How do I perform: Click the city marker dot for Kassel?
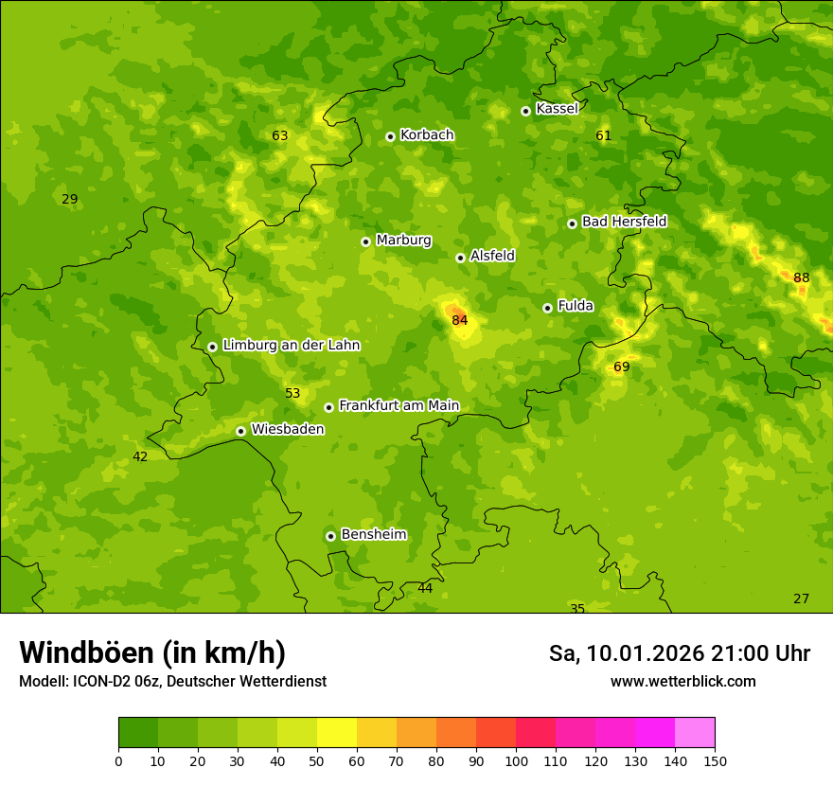point(525,111)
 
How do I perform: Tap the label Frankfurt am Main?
point(399,405)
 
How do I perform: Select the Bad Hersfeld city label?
point(624,222)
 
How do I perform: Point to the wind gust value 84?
point(460,320)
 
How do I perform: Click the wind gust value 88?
point(802,277)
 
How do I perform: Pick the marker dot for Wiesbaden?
point(240,431)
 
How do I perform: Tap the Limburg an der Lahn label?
point(291,345)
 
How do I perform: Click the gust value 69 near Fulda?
point(622,366)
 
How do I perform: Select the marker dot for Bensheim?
point(330,536)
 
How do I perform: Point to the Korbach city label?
point(427,134)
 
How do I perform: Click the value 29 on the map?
point(69,199)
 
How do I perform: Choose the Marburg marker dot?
point(365,241)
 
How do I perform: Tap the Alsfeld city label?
point(492,256)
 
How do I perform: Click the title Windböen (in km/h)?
point(152,652)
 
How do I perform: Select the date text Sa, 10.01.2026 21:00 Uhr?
point(679,653)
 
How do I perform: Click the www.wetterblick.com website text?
point(682,681)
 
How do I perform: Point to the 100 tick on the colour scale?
point(516,759)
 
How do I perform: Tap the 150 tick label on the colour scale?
point(714,759)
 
